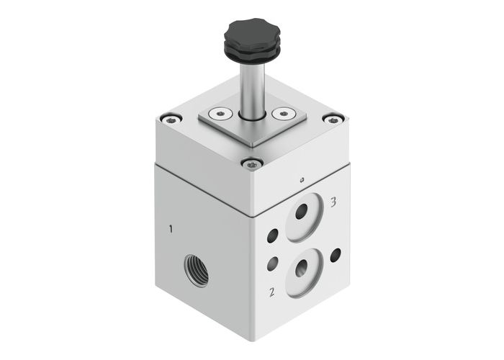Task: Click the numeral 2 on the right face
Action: [272, 292]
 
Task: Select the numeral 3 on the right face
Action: [333, 203]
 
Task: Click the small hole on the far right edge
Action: [336, 253]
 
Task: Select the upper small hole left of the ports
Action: [271, 235]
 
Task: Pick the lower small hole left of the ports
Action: [271, 264]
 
